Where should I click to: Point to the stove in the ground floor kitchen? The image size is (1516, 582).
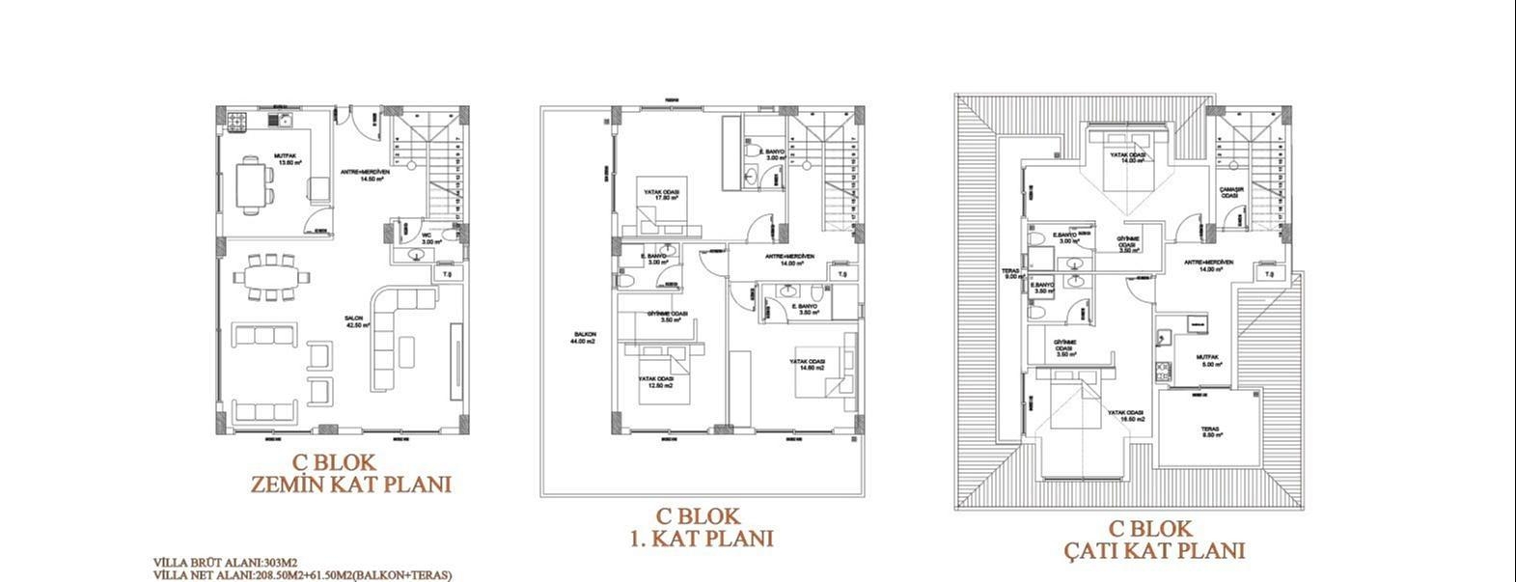(x=237, y=121)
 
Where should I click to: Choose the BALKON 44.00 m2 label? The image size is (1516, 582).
(x=582, y=338)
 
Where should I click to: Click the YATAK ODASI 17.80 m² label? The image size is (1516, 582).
(x=662, y=195)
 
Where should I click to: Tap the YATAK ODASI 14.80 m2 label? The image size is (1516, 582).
(x=807, y=365)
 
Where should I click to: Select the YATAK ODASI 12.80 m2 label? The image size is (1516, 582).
(x=655, y=381)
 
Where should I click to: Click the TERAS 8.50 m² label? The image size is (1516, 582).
(x=1210, y=432)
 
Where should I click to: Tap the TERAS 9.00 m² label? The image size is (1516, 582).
(x=1012, y=273)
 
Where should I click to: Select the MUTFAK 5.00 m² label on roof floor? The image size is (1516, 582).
(x=1210, y=360)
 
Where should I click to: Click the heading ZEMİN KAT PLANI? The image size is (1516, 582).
(x=350, y=485)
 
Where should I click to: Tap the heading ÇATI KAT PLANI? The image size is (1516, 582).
(x=1154, y=551)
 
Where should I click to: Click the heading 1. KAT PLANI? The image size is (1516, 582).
(x=701, y=539)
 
